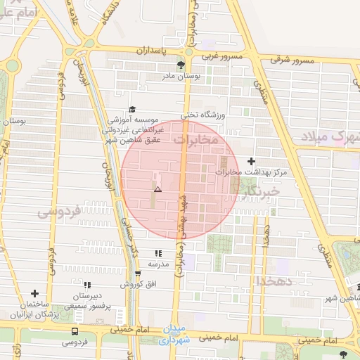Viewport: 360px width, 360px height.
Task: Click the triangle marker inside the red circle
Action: point(157,190)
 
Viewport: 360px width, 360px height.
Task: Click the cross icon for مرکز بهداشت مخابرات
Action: point(252,162)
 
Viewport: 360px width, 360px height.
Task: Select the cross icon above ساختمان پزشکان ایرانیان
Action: point(34,293)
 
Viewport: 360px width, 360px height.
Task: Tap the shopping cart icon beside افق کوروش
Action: point(138,274)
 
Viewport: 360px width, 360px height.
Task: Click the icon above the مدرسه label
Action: point(158,253)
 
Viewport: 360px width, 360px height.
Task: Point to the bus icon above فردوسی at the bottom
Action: point(75,331)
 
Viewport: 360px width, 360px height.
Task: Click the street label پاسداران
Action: point(149,51)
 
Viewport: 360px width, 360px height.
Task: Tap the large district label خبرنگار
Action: point(261,191)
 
